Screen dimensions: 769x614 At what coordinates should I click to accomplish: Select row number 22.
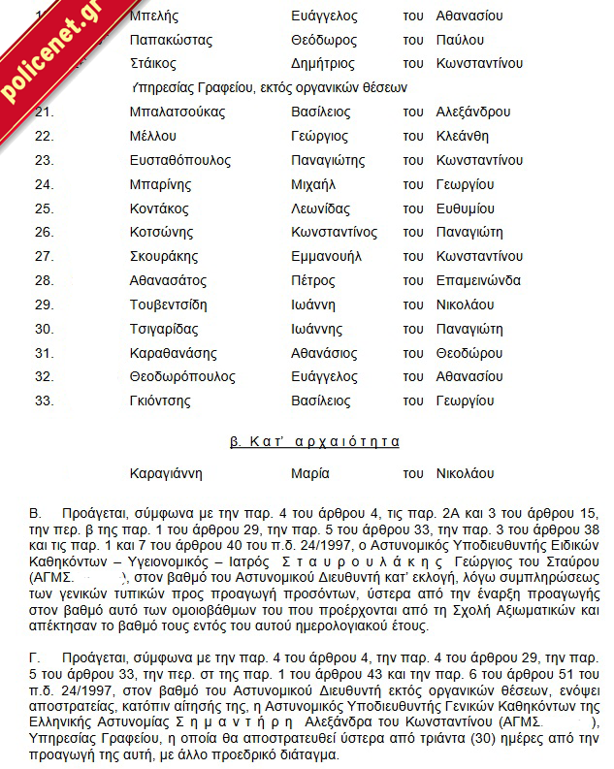click(x=44, y=136)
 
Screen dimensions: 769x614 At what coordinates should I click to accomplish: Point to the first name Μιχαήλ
click(x=313, y=184)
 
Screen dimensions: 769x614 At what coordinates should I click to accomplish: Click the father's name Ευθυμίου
click(x=466, y=208)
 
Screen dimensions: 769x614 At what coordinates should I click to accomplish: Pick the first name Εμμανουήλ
click(x=326, y=256)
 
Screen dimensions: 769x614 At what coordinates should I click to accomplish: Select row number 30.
click(x=44, y=329)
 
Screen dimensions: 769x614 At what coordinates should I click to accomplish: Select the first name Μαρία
click(x=310, y=474)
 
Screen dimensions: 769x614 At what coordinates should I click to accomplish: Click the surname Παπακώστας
click(x=171, y=40)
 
